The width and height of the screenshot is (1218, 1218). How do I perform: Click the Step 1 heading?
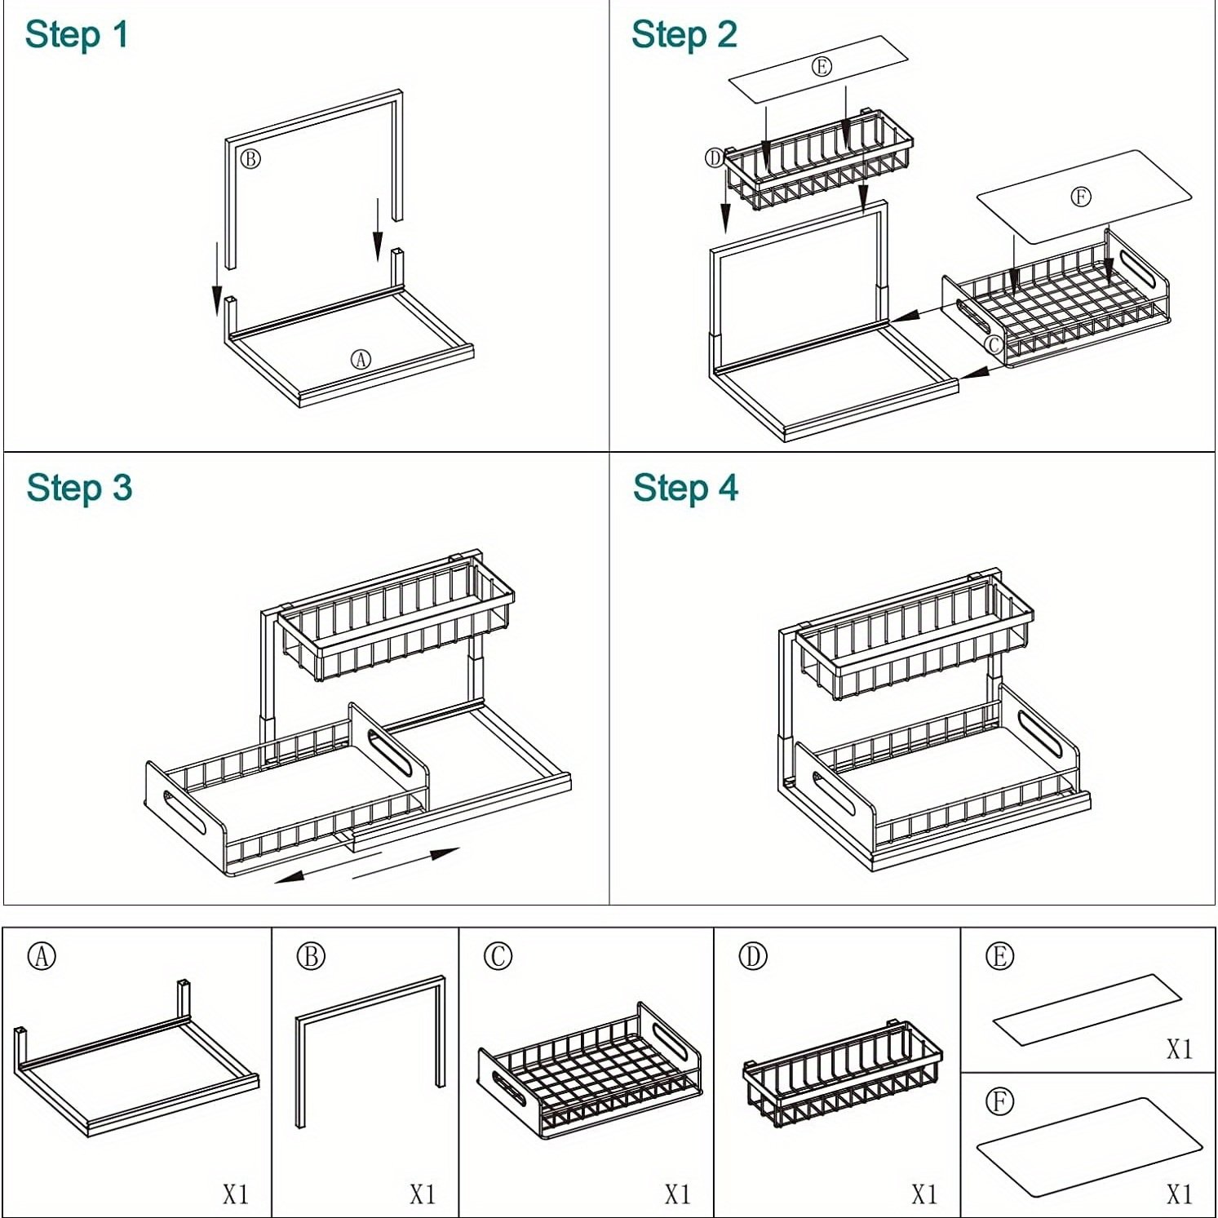(x=77, y=35)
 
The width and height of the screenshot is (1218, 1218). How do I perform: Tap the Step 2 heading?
(x=684, y=35)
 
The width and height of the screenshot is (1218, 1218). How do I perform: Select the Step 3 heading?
(x=79, y=488)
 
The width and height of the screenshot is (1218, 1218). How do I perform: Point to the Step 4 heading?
(x=685, y=488)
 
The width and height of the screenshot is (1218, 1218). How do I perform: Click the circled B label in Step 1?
(x=250, y=158)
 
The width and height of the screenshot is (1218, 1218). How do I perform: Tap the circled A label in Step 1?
(x=361, y=359)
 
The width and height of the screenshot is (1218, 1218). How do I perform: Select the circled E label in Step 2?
(x=822, y=66)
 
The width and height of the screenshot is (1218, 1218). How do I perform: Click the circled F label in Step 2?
(x=1080, y=197)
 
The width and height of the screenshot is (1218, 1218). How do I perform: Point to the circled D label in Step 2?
(x=715, y=157)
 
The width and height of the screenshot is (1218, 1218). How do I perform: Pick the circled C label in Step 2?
(x=994, y=344)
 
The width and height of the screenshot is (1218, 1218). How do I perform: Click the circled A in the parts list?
(x=42, y=955)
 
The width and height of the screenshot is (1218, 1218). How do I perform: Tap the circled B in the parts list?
(x=311, y=955)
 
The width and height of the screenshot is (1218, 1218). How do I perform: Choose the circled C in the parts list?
(x=498, y=955)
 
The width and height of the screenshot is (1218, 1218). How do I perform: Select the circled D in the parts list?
(x=753, y=955)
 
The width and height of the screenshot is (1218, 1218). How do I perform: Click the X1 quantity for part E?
(x=1179, y=1048)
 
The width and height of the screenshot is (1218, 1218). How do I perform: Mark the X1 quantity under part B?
(x=423, y=1194)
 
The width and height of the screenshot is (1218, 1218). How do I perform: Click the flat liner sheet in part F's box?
(x=1089, y=1148)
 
